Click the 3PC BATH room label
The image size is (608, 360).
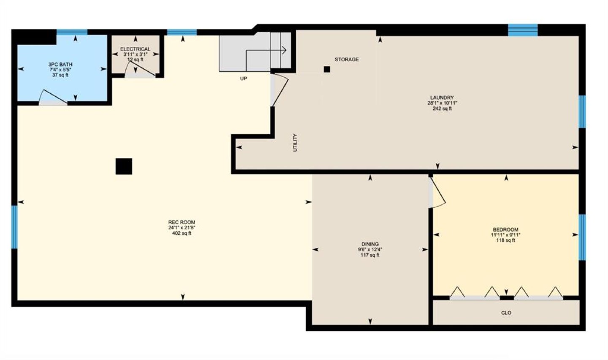click(60, 65)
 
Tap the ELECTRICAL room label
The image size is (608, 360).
click(135, 49)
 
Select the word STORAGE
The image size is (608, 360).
click(347, 60)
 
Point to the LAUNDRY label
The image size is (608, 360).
click(442, 97)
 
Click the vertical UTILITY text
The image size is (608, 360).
click(295, 143)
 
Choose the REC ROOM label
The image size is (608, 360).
click(182, 222)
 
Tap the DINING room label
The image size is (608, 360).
click(370, 244)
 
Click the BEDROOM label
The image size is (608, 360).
click(506, 230)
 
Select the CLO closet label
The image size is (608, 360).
click(506, 313)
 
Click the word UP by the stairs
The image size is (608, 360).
click(244, 78)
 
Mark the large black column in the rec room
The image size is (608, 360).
click(124, 166)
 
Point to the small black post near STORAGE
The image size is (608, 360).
click(327, 69)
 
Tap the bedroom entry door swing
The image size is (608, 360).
click(437, 192)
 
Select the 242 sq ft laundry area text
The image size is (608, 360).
click(442, 108)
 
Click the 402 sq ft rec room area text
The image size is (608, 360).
click(182, 233)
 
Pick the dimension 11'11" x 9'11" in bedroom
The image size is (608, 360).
click(506, 235)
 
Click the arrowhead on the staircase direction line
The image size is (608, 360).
click(285, 50)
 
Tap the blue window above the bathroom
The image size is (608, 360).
click(72, 32)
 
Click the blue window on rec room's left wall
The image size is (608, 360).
click(14, 227)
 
